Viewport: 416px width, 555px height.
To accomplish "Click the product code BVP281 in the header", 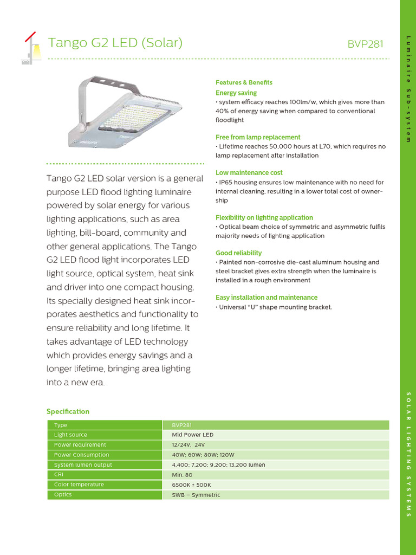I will tap(365, 44).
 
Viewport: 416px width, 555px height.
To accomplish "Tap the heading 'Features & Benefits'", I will tap(244, 82).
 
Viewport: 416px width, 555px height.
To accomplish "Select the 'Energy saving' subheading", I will tap(236, 93).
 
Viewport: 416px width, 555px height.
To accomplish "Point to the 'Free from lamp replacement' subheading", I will tap(258, 137).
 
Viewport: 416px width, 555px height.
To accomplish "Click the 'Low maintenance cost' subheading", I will tap(249, 173).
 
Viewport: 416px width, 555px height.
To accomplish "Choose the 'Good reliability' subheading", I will tap(239, 253).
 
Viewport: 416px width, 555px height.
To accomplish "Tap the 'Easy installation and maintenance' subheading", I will tap(266, 298).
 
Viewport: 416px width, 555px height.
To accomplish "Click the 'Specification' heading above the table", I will tap(68, 411).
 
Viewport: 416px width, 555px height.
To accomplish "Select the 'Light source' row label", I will tap(70, 435).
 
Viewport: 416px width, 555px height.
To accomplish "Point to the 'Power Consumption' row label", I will tap(81, 455).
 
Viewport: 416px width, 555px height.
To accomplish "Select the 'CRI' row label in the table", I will tap(58, 475).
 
